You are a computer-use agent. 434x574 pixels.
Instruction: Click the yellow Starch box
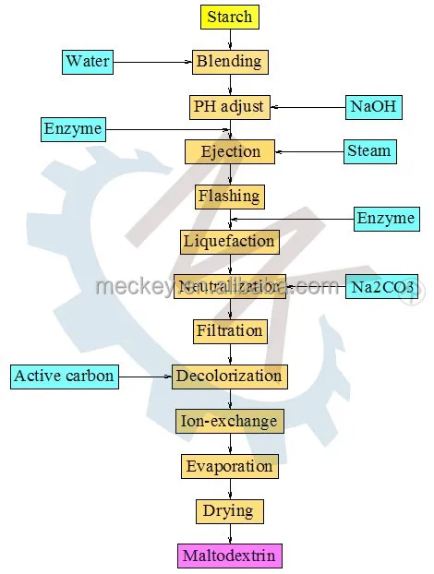point(229,17)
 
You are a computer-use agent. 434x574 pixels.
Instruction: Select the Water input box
point(88,63)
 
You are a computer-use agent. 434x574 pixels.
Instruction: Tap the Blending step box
point(230,63)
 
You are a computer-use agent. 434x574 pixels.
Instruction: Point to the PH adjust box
point(230,106)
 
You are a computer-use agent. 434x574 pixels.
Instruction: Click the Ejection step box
point(230,151)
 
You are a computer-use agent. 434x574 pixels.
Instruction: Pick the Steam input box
point(370,151)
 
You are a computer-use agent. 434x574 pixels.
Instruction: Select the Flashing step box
point(229,196)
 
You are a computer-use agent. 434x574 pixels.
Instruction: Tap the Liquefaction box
point(229,241)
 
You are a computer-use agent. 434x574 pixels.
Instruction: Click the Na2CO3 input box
point(380,286)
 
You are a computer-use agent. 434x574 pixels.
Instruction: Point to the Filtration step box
point(230,330)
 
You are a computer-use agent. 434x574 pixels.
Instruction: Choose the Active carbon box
point(65,376)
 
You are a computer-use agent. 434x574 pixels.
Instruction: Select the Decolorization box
point(230,376)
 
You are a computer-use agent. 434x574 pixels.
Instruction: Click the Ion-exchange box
point(229,421)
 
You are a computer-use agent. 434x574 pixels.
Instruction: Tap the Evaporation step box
point(229,466)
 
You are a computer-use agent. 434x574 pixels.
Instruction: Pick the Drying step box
point(229,510)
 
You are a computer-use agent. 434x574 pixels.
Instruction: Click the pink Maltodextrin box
point(229,556)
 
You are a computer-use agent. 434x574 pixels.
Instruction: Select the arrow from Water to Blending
point(152,63)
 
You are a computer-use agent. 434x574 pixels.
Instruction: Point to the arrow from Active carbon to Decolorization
point(146,376)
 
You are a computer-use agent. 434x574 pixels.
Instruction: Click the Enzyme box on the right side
point(386,219)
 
